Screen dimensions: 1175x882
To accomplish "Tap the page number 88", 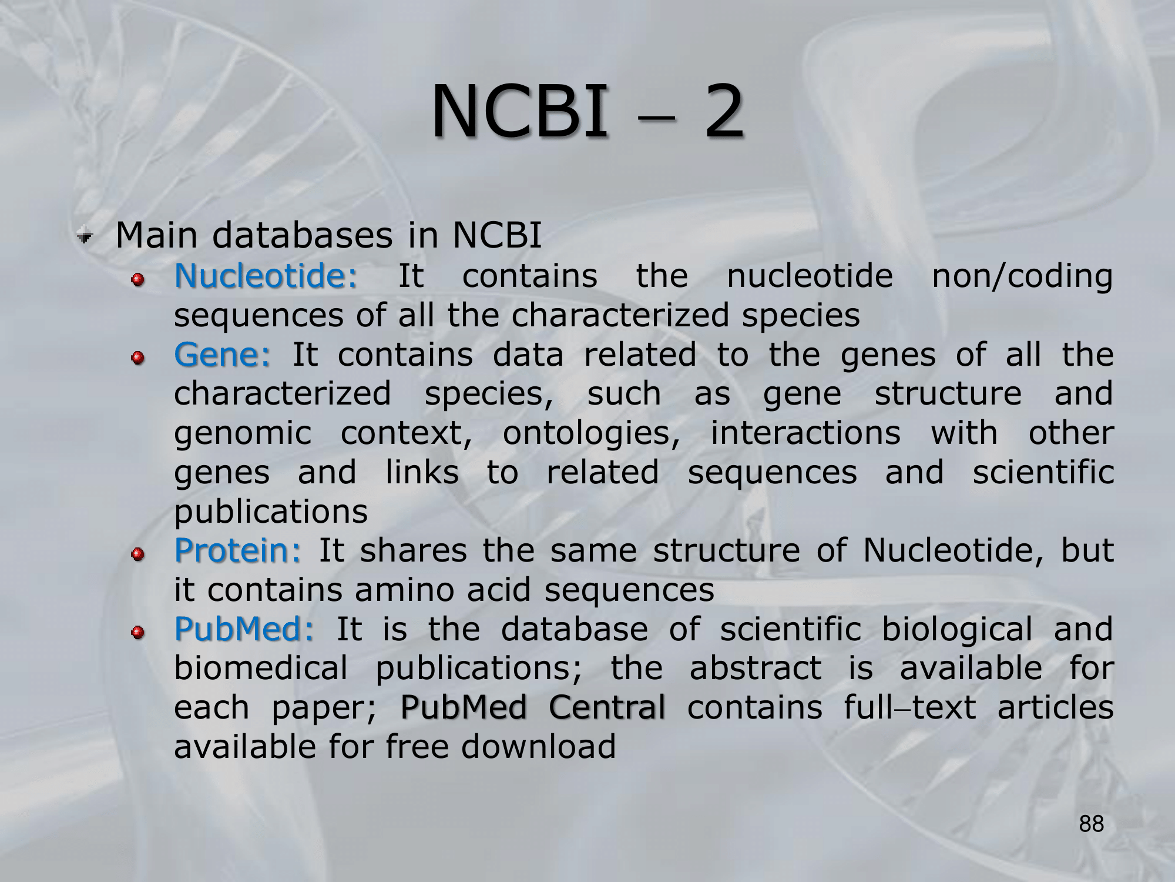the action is (x=1092, y=824).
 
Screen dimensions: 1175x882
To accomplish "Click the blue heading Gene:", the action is (x=222, y=355).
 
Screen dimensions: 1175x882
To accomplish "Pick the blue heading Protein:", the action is (x=237, y=550).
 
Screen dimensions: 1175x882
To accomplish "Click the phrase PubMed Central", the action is (x=533, y=707).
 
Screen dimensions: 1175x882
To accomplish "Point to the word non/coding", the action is (x=1022, y=277).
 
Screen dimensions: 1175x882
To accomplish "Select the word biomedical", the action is (x=261, y=668).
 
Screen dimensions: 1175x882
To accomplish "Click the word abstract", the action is (x=756, y=668).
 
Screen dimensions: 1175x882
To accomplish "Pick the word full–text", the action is (x=910, y=707).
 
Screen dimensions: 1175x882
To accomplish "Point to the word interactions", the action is (x=805, y=433).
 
